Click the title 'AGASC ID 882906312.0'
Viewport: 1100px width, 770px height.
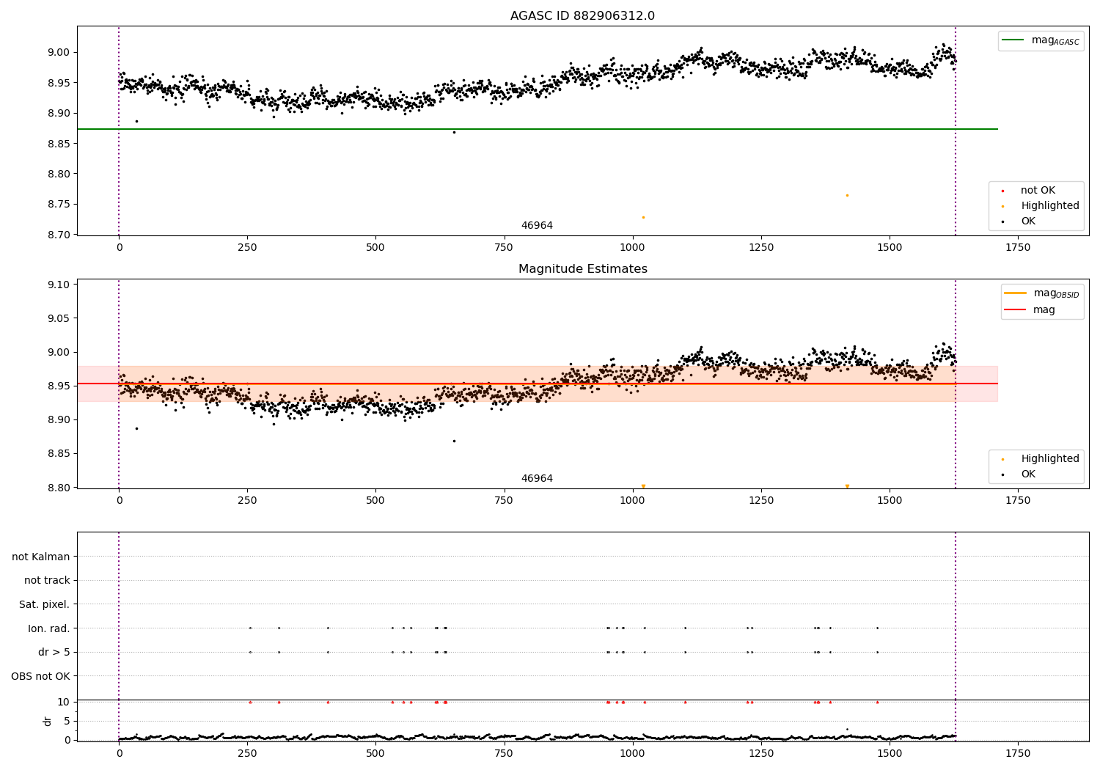click(582, 16)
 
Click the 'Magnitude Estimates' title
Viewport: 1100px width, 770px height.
click(582, 269)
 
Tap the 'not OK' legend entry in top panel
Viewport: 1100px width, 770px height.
click(1037, 191)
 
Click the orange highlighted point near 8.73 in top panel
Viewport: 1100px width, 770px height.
click(643, 217)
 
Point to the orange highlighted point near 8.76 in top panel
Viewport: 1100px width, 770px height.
click(847, 195)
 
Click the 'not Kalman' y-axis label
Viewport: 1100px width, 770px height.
click(40, 557)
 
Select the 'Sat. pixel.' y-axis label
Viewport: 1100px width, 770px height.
click(44, 604)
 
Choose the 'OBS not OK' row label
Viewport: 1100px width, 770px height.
click(40, 676)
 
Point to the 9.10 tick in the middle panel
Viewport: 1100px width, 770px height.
click(57, 285)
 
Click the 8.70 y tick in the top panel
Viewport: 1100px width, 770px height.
click(57, 235)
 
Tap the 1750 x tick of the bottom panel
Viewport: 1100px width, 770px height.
click(1017, 753)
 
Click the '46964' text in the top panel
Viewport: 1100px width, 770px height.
click(537, 226)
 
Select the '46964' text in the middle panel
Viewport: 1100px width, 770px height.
click(537, 479)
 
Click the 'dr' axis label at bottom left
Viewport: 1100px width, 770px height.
click(48, 721)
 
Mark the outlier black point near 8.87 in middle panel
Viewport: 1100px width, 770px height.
click(454, 441)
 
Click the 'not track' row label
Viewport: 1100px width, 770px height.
click(47, 580)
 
